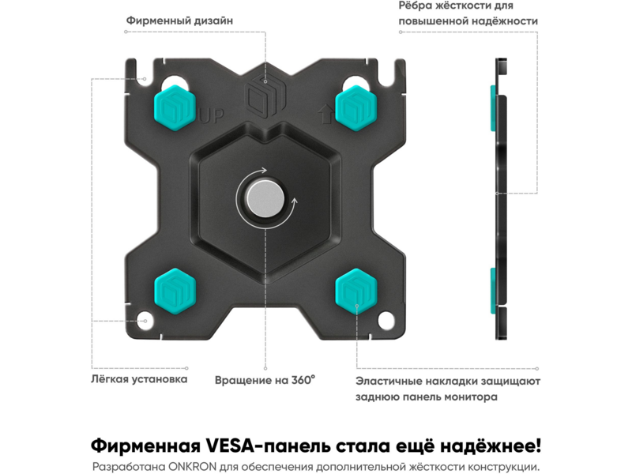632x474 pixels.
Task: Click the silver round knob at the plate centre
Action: tap(265, 199)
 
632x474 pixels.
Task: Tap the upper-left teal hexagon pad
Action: tap(175, 107)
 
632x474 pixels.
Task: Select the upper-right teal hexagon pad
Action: tap(356, 107)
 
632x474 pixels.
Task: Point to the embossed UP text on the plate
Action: tap(212, 116)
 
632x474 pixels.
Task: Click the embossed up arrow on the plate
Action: tap(325, 114)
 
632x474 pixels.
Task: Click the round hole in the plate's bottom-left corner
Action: tap(145, 321)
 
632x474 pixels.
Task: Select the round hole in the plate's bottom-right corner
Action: tap(386, 321)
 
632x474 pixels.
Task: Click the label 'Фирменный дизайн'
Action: tap(179, 21)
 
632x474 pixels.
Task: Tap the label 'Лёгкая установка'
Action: tap(139, 379)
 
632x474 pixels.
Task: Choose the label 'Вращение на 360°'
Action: tap(265, 380)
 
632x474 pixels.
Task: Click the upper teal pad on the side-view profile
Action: tap(493, 108)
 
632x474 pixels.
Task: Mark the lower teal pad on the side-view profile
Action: tap(493, 291)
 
